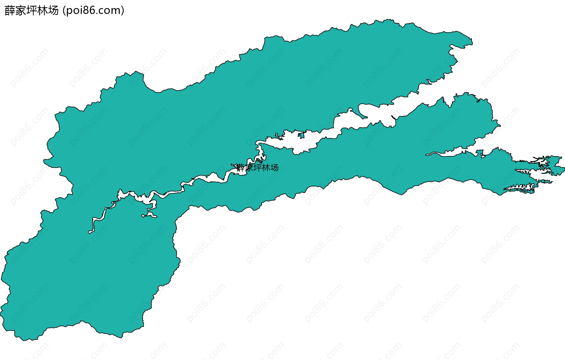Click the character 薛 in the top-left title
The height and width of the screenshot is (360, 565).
point(10,11)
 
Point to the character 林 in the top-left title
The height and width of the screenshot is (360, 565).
point(42,11)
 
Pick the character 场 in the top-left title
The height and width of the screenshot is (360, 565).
point(53,11)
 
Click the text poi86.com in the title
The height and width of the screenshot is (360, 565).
point(93,11)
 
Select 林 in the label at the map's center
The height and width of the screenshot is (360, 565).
point(266,168)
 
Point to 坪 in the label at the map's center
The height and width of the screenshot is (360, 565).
point(257,168)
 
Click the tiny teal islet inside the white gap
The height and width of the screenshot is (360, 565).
point(301,135)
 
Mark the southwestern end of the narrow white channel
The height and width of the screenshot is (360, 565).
point(89,232)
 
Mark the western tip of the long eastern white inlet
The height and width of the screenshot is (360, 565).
point(427,154)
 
